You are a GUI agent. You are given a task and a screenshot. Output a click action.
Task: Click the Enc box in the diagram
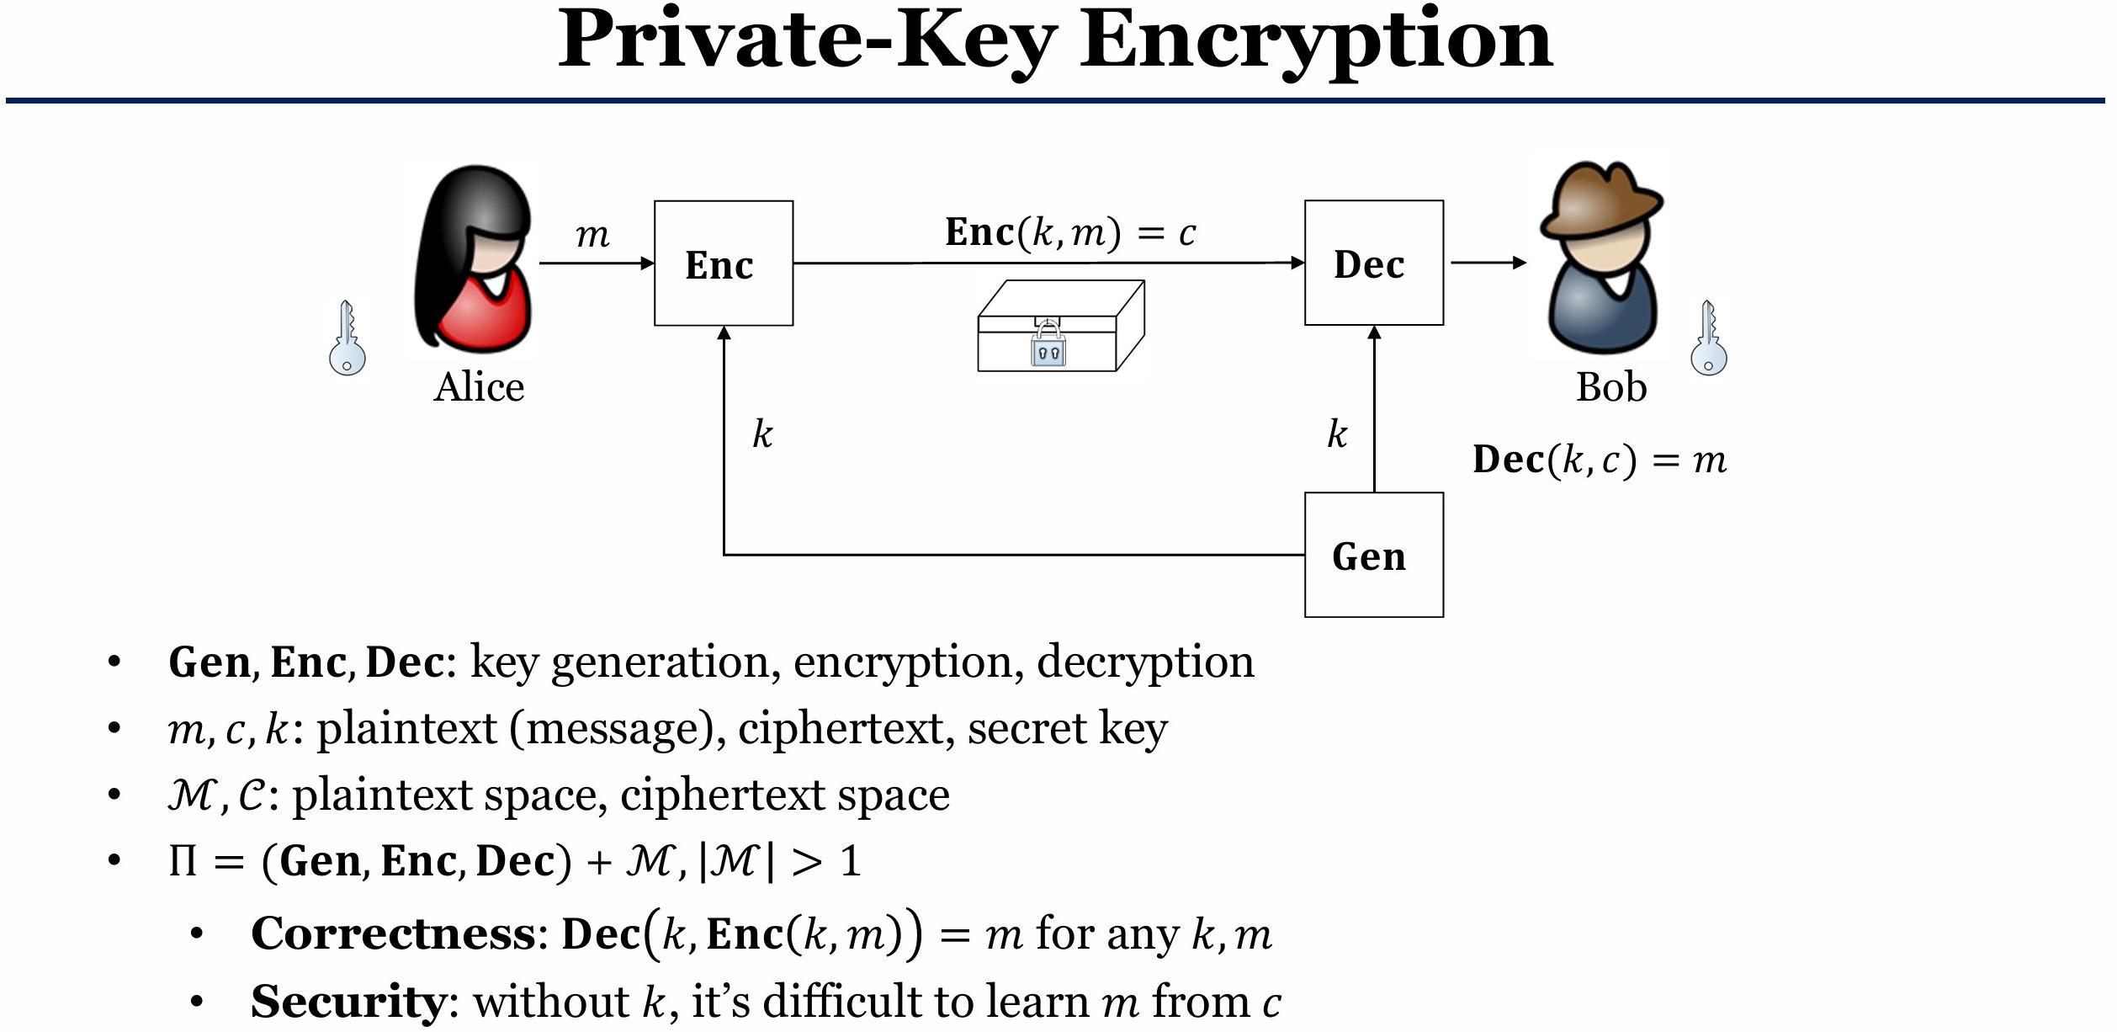point(723,263)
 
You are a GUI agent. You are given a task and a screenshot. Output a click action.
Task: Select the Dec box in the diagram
point(1373,263)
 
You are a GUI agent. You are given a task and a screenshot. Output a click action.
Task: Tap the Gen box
point(1373,556)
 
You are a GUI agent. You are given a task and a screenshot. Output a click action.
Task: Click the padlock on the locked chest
point(1048,345)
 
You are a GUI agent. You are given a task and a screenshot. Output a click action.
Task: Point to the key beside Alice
point(347,338)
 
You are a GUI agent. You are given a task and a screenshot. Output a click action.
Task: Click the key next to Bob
point(1708,338)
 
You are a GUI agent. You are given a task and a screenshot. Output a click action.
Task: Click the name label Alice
point(479,388)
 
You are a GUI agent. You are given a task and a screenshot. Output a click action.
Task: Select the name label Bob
point(1610,388)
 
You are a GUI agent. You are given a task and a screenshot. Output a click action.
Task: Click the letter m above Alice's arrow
point(592,235)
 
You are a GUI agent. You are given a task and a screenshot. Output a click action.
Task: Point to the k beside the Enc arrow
point(761,434)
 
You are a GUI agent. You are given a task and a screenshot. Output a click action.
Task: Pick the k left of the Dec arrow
point(1336,434)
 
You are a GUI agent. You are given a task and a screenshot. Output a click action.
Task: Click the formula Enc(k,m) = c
point(1069,232)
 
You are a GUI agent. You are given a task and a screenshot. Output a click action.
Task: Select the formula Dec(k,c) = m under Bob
point(1599,460)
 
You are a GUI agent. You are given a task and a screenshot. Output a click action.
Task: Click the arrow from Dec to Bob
point(1488,263)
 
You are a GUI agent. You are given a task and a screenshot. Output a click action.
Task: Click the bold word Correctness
point(393,934)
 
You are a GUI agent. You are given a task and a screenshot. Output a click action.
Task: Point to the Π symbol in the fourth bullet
point(183,861)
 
